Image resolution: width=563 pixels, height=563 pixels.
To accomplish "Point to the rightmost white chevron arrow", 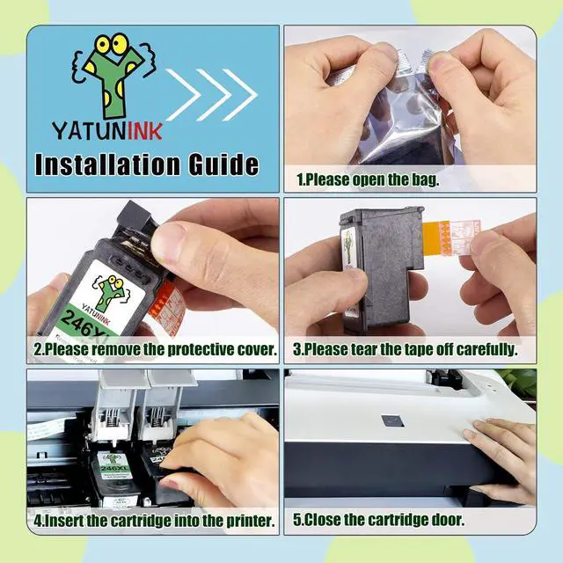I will [x=240, y=92].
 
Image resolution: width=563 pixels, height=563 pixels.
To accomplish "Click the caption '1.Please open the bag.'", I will [x=368, y=179].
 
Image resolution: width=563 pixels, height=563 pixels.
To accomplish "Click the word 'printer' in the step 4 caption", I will [x=246, y=520].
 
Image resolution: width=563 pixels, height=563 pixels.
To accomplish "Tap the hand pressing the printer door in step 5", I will [x=501, y=449].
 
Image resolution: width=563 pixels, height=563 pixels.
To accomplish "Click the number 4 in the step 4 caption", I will [x=40, y=520].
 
